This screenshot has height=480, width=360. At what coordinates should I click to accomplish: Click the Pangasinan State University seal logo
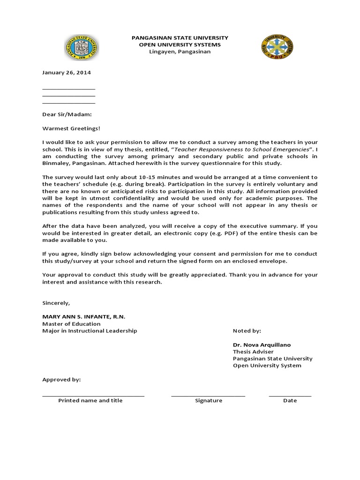(82, 48)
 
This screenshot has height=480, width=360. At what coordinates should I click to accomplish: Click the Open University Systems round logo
(277, 48)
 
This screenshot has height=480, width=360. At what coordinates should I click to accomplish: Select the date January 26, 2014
(67, 73)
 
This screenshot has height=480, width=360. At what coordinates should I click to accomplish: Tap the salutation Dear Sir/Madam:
(67, 114)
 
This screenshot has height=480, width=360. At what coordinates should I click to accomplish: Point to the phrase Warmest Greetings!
(71, 128)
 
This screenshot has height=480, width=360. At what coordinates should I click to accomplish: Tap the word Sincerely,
(56, 303)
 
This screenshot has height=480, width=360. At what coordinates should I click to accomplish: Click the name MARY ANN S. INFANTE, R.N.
(84, 317)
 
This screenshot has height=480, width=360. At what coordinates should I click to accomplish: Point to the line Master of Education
(71, 324)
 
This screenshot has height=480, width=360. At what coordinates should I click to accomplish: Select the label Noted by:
(247, 331)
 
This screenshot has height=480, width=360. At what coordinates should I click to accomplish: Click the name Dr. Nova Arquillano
(262, 345)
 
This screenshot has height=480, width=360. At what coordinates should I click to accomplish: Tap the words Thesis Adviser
(253, 352)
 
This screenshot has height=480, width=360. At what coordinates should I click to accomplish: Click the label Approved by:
(61, 380)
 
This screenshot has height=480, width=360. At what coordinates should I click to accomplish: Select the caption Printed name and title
(90, 401)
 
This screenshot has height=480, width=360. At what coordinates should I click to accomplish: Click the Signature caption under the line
(209, 401)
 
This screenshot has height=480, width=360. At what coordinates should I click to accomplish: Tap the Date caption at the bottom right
(290, 401)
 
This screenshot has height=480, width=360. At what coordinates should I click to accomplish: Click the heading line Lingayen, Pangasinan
(180, 52)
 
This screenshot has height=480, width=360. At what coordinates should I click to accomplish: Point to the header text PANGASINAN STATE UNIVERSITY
(180, 37)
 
